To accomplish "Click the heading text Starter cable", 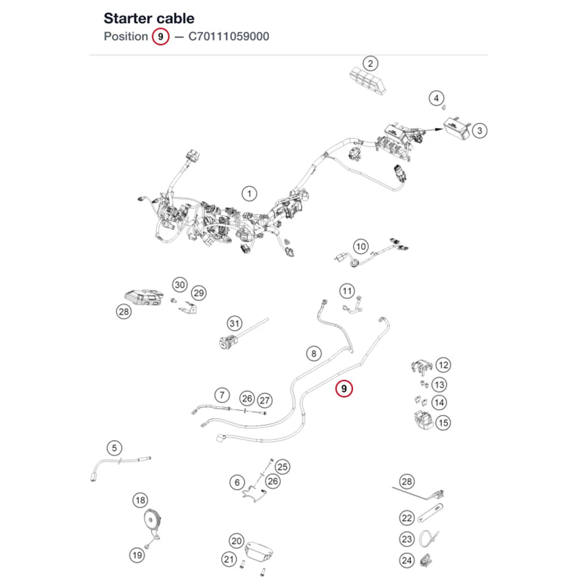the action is [x=149, y=18].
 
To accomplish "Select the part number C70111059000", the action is [x=228, y=36].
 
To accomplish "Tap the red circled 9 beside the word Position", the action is [x=160, y=36].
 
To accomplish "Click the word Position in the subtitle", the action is [x=126, y=36].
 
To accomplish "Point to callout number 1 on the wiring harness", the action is [x=249, y=193].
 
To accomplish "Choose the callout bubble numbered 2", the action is [x=370, y=63].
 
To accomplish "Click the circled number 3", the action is [x=479, y=130].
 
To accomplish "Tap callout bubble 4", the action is [x=436, y=98].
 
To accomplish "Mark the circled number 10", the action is [x=361, y=246].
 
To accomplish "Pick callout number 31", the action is [x=234, y=324].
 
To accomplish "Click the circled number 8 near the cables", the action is [x=314, y=354].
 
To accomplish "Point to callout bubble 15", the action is [x=443, y=423].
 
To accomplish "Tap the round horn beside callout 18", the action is [x=151, y=521].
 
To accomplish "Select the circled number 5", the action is [x=114, y=448].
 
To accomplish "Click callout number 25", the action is [x=282, y=467].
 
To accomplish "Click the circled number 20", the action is [x=237, y=541].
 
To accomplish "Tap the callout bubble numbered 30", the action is [x=179, y=285].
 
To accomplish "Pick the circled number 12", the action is [x=443, y=365].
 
